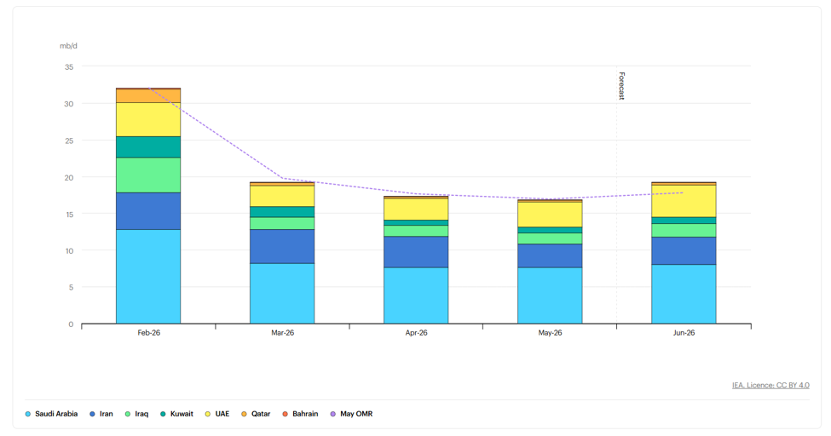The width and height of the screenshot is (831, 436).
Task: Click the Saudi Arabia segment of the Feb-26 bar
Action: (x=148, y=277)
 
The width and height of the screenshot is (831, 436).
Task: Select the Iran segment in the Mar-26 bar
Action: (x=282, y=246)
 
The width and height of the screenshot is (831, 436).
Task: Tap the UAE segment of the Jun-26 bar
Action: (x=684, y=201)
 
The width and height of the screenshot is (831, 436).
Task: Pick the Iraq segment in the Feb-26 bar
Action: (x=148, y=175)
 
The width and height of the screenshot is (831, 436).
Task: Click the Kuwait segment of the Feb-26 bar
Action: (x=148, y=146)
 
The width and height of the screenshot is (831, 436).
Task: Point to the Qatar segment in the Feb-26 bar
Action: (x=148, y=96)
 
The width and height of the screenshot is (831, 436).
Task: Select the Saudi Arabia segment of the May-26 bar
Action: (x=550, y=295)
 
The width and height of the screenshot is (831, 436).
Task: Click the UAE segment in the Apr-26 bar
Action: (x=416, y=209)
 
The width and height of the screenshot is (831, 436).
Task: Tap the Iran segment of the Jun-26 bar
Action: (x=684, y=250)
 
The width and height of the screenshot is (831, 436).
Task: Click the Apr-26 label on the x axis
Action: (x=416, y=333)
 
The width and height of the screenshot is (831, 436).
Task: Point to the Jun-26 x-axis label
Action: (x=684, y=333)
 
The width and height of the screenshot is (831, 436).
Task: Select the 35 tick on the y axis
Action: (x=69, y=66)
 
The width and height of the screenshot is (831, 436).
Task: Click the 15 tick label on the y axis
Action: (x=69, y=214)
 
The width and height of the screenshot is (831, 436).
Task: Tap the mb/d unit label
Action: (x=68, y=46)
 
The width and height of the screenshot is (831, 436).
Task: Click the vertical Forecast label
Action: (x=621, y=86)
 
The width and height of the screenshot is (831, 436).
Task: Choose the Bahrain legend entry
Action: (x=300, y=414)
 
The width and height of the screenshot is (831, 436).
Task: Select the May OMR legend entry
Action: (x=351, y=414)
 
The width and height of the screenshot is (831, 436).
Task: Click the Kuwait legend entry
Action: (x=176, y=414)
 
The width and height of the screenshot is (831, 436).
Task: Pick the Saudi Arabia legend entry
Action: (x=51, y=414)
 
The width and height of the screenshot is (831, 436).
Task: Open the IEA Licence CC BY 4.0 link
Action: (x=770, y=385)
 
